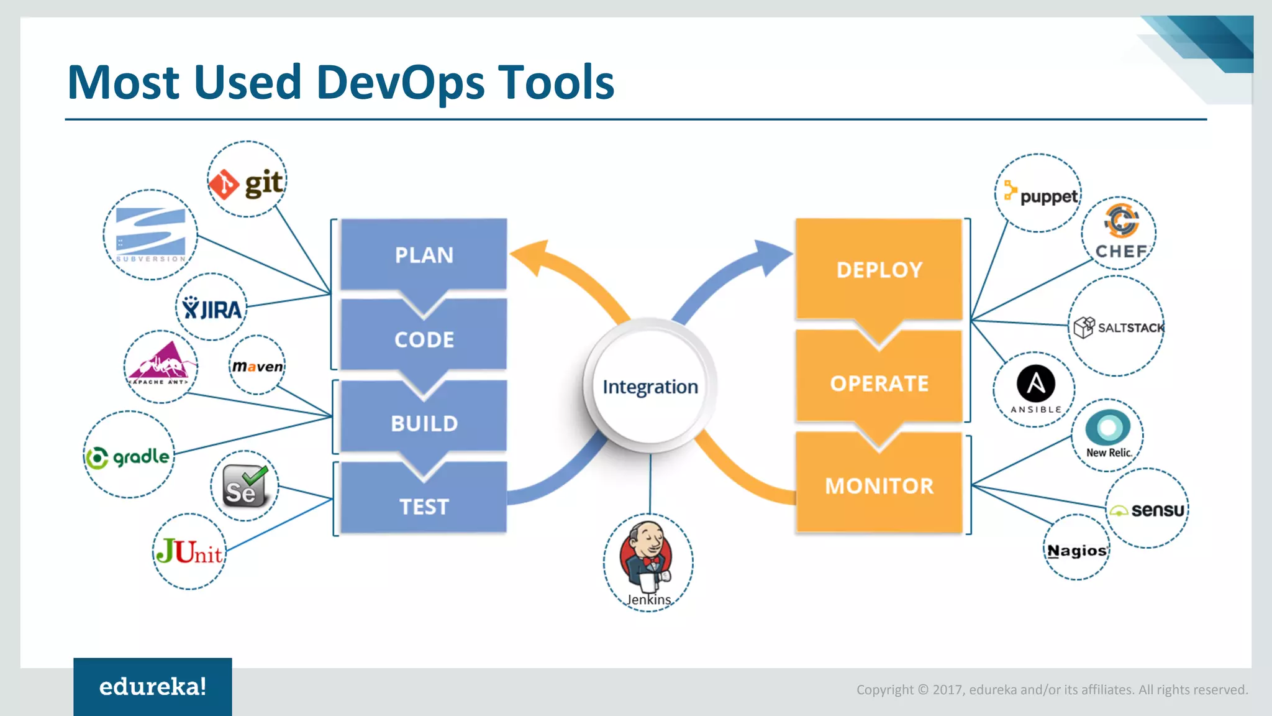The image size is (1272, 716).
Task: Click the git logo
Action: [x=247, y=183]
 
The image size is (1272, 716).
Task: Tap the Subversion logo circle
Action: [x=150, y=235]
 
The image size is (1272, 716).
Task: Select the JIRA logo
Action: [x=212, y=308]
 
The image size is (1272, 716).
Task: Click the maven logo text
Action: [x=257, y=367]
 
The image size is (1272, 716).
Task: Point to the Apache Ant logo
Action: [x=160, y=365]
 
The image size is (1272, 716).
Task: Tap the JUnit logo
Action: [x=189, y=551]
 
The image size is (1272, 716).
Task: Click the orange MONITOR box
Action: [x=879, y=485]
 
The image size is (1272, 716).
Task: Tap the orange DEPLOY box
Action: [x=879, y=269]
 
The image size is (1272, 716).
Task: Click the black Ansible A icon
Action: [x=1035, y=383]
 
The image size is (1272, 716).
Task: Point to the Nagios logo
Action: [x=1076, y=551]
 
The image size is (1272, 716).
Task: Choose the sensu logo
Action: [x=1147, y=510]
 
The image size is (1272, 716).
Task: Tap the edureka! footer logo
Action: [x=153, y=686]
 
